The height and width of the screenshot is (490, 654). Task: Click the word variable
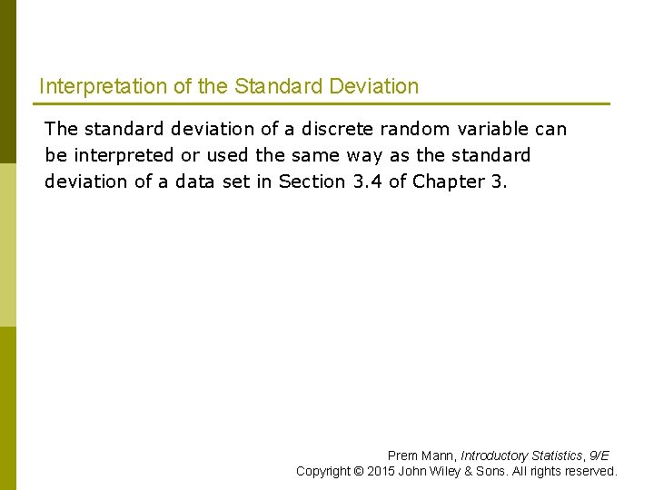point(496,129)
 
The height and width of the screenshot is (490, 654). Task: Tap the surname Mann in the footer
point(439,456)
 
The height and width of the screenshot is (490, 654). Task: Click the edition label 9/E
point(599,456)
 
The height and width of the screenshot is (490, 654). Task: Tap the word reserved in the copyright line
point(590,471)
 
